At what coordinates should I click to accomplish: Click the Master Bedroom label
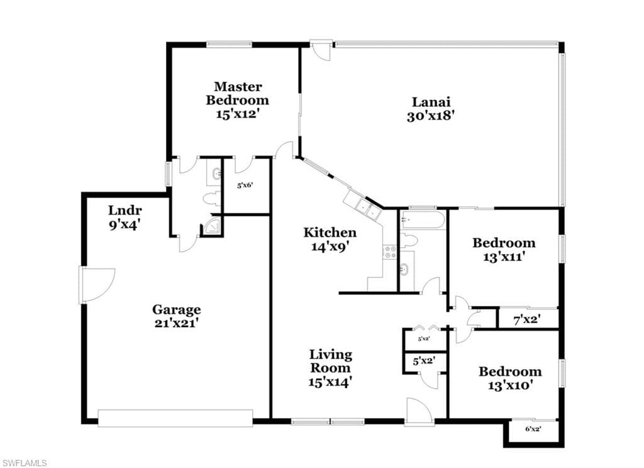tap(237, 93)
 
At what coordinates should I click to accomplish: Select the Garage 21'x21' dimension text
tap(177, 323)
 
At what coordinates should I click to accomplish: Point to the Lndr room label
tap(125, 210)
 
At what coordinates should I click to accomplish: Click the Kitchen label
tap(330, 233)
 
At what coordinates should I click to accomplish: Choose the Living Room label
tap(330, 361)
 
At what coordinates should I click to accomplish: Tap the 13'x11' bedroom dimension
tap(504, 257)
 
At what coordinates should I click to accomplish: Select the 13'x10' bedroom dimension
tap(511, 386)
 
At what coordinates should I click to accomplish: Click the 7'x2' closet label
tap(527, 320)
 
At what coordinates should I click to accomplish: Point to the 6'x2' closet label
tap(533, 429)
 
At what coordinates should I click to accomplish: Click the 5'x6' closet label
tap(245, 186)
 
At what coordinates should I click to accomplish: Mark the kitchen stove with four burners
tap(390, 252)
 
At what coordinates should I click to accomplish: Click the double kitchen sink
tap(368, 209)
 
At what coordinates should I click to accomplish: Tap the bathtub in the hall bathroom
tap(423, 220)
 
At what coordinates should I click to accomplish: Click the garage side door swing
tap(97, 286)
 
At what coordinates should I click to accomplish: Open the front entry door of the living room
tap(419, 412)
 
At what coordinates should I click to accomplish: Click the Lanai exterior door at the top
tap(321, 50)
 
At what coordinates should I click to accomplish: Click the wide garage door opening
tap(175, 418)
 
